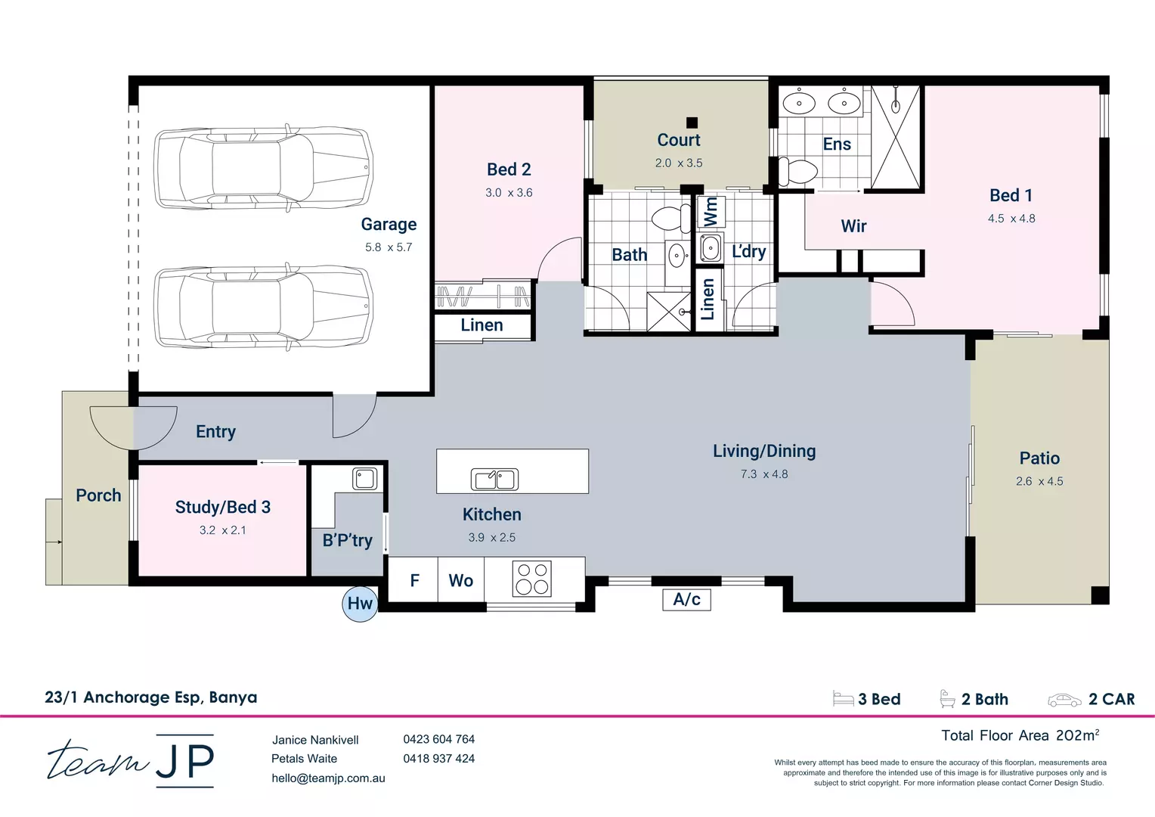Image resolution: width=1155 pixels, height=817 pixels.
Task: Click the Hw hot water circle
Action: [360, 604]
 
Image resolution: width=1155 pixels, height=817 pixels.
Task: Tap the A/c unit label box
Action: [686, 599]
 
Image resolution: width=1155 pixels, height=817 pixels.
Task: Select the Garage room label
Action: [389, 224]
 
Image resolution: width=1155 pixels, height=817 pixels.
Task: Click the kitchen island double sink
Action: [494, 479]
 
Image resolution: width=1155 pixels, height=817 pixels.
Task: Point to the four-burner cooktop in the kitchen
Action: [532, 579]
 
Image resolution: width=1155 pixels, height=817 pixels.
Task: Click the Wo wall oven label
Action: [460, 580]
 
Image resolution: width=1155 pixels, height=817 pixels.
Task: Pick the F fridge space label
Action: [414, 580]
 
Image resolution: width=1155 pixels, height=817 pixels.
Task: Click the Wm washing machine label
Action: [711, 211]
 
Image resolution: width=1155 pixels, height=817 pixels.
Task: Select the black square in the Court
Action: [692, 123]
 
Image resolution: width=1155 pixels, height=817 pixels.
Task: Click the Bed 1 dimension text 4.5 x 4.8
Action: [1011, 219]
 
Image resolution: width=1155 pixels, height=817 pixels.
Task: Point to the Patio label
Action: [1039, 458]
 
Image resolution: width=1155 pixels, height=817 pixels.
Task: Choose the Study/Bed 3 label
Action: [223, 507]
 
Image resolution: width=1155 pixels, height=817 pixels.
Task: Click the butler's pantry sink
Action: [365, 479]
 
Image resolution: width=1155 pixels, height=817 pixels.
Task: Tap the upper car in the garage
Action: [263, 168]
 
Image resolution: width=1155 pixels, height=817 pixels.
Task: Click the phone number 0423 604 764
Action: [438, 739]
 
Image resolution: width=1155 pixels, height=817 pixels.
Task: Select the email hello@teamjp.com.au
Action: [328, 778]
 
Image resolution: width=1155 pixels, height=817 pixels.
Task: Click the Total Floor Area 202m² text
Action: [1020, 735]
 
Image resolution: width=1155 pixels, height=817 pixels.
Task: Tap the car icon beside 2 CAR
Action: [1064, 700]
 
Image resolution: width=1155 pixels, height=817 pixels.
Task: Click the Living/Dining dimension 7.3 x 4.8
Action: [763, 474]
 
